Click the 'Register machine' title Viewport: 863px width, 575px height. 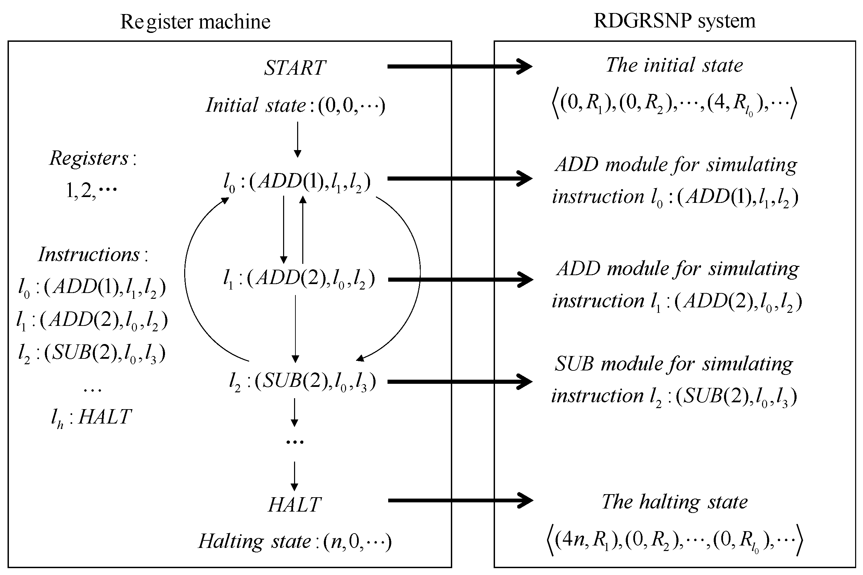tap(195, 22)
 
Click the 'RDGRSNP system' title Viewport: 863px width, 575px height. tap(674, 21)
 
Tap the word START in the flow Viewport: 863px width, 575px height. tap(295, 68)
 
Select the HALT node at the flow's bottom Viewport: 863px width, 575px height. tap(295, 505)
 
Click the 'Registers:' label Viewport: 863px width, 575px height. tap(92, 159)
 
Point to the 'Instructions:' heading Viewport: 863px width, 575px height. tap(93, 255)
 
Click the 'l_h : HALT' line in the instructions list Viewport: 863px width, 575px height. tap(92, 417)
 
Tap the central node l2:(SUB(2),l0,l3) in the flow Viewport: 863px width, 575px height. tap(302, 382)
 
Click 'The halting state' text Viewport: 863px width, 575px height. tap(674, 502)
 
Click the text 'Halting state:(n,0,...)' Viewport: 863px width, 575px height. tap(295, 542)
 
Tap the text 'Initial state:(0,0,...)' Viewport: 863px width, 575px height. tap(295, 106)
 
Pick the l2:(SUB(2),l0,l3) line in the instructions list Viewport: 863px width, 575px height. tap(92, 354)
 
